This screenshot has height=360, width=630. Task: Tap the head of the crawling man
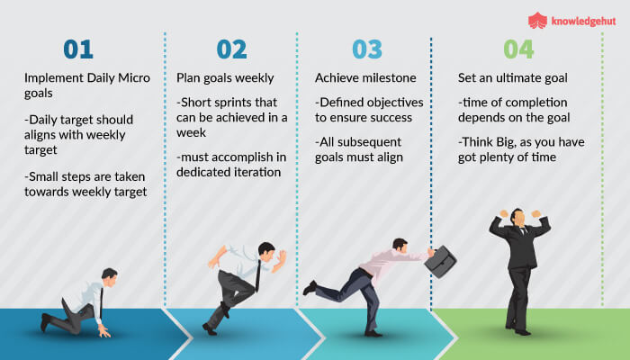click(109, 276)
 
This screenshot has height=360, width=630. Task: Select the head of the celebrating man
click(520, 219)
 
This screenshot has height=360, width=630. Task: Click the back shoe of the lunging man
click(310, 288)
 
